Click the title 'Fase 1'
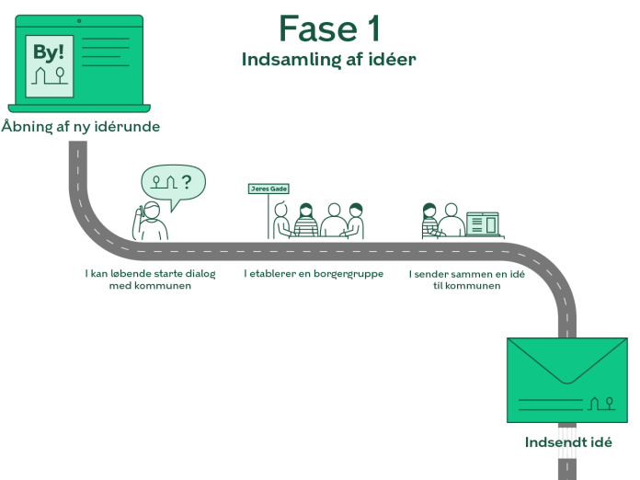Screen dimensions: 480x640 pyautogui.click(x=328, y=29)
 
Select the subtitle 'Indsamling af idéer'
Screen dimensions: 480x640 pyautogui.click(x=328, y=60)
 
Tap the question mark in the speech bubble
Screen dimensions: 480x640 pyautogui.click(x=188, y=182)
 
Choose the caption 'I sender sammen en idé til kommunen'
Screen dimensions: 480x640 pyautogui.click(x=466, y=280)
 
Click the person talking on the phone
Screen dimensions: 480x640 pyautogui.click(x=152, y=222)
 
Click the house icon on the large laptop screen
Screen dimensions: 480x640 pyautogui.click(x=40, y=78)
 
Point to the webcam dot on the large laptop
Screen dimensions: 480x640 pyautogui.click(x=78, y=19)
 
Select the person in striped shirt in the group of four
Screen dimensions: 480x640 pyautogui.click(x=306, y=220)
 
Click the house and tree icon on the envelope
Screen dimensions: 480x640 pyautogui.click(x=600, y=402)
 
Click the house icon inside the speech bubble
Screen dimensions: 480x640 pyautogui.click(x=169, y=182)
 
